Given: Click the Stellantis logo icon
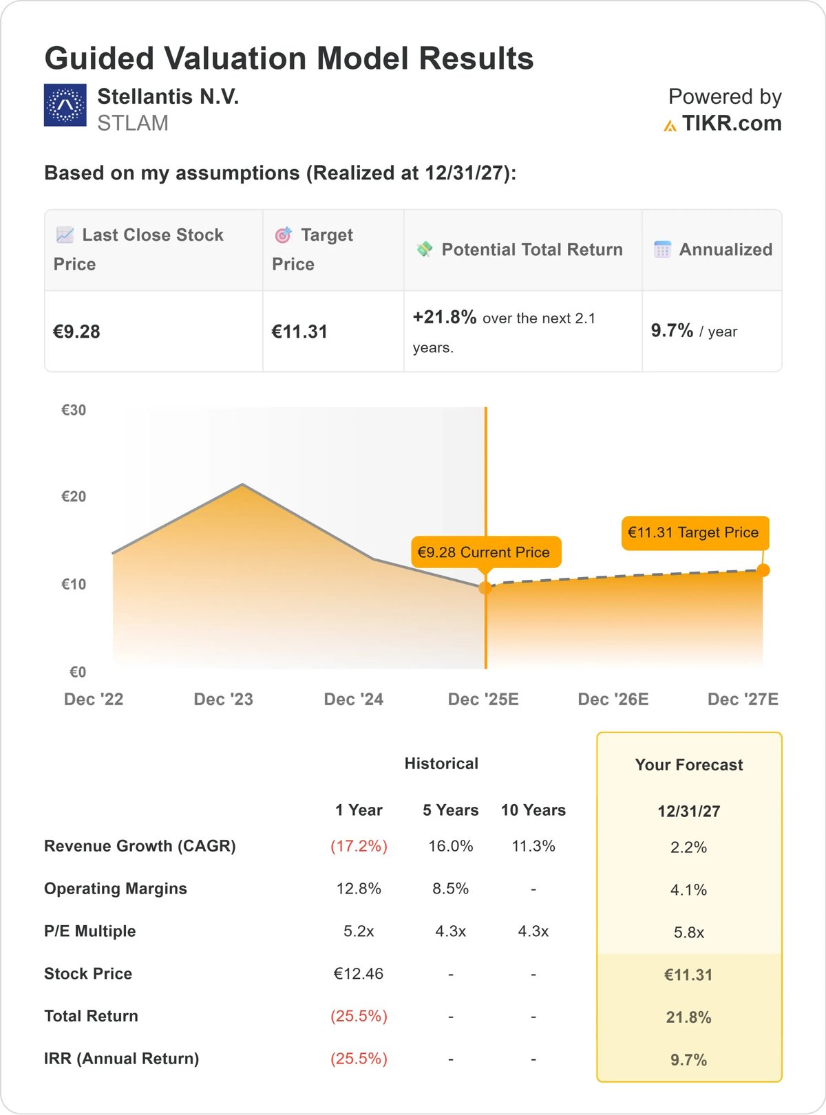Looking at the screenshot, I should pyautogui.click(x=65, y=105).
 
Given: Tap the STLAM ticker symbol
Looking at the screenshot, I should pyautogui.click(x=133, y=123).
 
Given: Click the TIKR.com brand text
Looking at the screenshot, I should pyautogui.click(x=731, y=123).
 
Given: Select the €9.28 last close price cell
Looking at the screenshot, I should pyautogui.click(x=77, y=332).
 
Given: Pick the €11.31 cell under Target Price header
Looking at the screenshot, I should pyautogui.click(x=299, y=332).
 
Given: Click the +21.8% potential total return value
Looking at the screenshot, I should pyautogui.click(x=445, y=317).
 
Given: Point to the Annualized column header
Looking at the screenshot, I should pyautogui.click(x=726, y=250).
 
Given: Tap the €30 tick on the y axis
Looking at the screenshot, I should pyautogui.click(x=74, y=410).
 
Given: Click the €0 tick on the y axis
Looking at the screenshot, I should pyautogui.click(x=78, y=672).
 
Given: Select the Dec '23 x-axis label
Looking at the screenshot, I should pyautogui.click(x=224, y=700).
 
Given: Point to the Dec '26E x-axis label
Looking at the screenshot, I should pyautogui.click(x=613, y=700).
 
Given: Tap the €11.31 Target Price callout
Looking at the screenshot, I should pyautogui.click(x=695, y=533).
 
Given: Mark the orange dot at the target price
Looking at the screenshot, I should pyautogui.click(x=763, y=570).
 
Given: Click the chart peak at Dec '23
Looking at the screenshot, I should pyautogui.click(x=242, y=485).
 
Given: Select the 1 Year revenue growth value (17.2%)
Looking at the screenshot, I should pyautogui.click(x=359, y=846).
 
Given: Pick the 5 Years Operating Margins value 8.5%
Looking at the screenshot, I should pyautogui.click(x=451, y=889).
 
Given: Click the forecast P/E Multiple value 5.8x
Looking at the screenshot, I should pyautogui.click(x=689, y=933).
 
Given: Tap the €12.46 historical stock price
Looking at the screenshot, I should pyautogui.click(x=359, y=974).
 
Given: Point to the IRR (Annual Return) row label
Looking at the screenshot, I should pyautogui.click(x=121, y=1059).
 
